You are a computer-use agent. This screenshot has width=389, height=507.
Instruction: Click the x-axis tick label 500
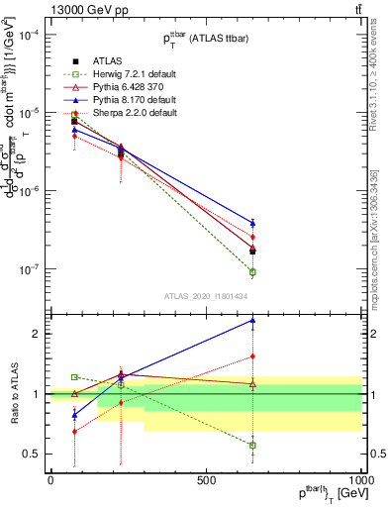click(206, 479)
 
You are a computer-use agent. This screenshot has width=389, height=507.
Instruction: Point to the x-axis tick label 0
click(50, 479)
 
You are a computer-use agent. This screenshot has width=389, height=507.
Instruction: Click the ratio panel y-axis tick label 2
click(35, 334)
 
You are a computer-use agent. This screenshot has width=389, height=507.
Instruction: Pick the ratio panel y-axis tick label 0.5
click(31, 455)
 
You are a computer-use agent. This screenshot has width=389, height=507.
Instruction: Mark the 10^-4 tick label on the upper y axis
click(29, 35)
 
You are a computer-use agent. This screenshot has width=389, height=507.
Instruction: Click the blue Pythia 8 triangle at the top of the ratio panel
click(252, 321)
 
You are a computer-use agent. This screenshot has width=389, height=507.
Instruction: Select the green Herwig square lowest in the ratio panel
click(252, 446)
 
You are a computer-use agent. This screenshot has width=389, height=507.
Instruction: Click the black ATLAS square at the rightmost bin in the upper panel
click(252, 251)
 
